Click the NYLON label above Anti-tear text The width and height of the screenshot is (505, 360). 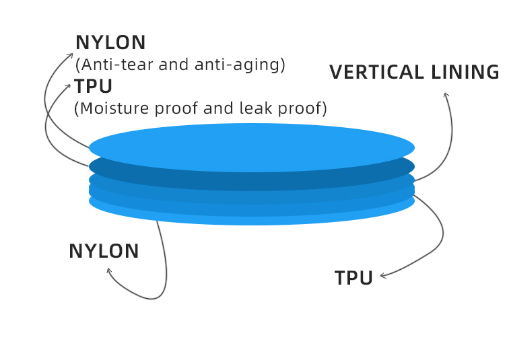[x=110, y=42]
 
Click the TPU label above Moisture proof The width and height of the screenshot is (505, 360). [x=93, y=86]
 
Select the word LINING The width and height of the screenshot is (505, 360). [x=465, y=72]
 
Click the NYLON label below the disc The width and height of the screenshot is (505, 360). [x=104, y=251]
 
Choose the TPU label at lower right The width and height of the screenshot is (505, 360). [x=353, y=278]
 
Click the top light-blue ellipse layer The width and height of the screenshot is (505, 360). [x=252, y=147]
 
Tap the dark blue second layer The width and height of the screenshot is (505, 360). [x=252, y=180]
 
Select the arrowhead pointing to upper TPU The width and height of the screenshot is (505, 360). [x=69, y=86]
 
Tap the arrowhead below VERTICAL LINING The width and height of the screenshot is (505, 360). [x=446, y=95]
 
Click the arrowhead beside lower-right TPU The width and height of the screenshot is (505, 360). [x=382, y=276]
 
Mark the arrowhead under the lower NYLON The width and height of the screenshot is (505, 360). [x=108, y=271]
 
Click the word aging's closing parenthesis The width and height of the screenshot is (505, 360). [x=283, y=65]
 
